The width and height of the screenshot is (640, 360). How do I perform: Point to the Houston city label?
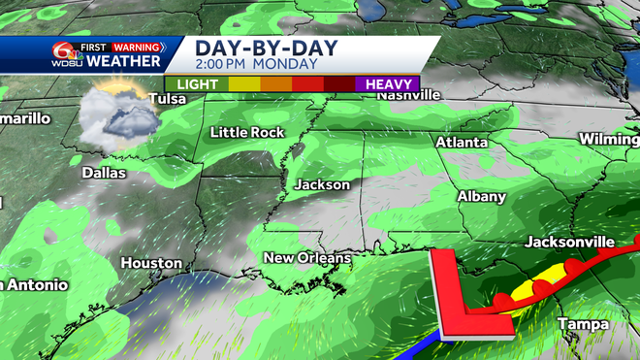[x=151, y=263]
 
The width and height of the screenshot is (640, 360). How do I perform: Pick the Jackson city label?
[x=323, y=184]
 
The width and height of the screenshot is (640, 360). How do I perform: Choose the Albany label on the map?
[x=482, y=197]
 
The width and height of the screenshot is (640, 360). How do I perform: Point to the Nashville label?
[x=408, y=95]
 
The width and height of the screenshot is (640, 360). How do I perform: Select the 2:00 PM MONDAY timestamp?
[x=256, y=64]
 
